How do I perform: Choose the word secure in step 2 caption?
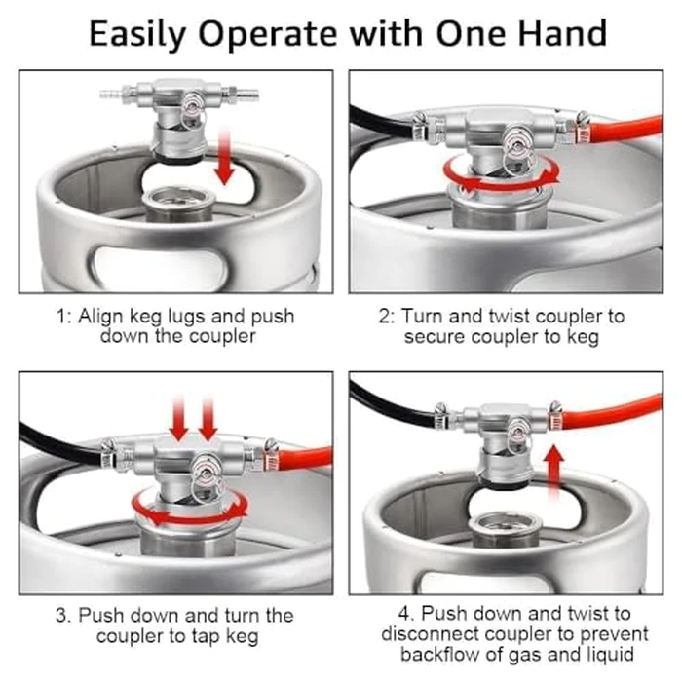coord(433,338)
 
